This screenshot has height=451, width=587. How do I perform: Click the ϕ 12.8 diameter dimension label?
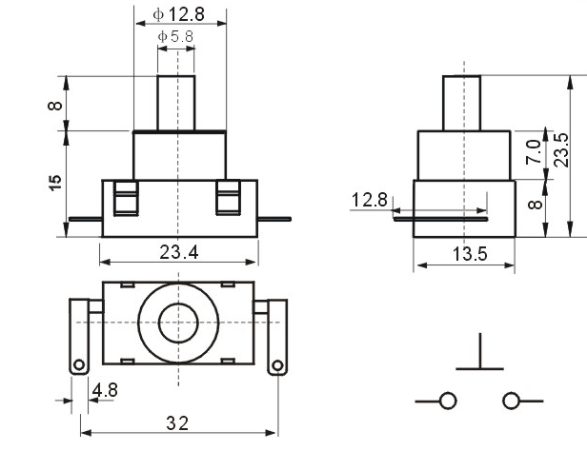(178, 14)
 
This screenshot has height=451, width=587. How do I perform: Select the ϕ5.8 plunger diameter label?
(175, 36)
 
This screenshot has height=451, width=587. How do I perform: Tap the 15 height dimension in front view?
(55, 183)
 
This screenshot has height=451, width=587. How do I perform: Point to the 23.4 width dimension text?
(179, 252)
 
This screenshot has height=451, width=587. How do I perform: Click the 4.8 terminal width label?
(105, 390)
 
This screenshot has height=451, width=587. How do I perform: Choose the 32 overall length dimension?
(177, 423)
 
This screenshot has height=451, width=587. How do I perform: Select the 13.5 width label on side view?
(470, 254)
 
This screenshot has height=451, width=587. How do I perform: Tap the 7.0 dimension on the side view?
(534, 151)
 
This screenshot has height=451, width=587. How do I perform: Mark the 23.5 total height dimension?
(561, 149)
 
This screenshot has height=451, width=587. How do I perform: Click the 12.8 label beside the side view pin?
(369, 200)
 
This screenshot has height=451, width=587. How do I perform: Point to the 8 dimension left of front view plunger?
(55, 106)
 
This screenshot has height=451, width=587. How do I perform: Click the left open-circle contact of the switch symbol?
(447, 401)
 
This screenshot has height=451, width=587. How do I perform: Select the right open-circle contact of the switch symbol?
(511, 401)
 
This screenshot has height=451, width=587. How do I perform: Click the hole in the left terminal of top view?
(79, 364)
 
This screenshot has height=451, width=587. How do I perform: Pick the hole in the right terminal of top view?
(277, 365)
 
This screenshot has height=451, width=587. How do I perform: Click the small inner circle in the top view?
(178, 324)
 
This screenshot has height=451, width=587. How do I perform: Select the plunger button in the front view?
(176, 103)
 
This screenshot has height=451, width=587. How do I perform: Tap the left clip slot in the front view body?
(126, 199)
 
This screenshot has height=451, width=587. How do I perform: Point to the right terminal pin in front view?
(274, 219)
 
